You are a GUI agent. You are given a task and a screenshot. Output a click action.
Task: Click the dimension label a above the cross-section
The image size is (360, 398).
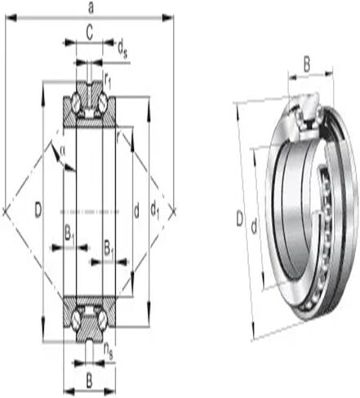91,8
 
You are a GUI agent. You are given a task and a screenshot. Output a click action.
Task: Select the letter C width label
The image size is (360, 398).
90,33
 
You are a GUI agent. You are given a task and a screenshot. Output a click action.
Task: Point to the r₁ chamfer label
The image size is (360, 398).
108,81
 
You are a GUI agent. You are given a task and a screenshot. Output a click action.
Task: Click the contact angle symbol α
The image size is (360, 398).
62,150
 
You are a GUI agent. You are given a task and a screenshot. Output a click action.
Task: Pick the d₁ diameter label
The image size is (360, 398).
155,211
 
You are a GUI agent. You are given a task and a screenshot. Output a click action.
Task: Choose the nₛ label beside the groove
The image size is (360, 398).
108,352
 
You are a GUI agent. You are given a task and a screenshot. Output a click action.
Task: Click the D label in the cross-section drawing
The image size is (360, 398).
38,210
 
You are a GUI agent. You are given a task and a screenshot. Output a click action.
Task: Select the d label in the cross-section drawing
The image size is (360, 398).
136,211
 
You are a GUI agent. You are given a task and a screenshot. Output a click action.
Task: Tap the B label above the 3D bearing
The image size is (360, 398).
307,65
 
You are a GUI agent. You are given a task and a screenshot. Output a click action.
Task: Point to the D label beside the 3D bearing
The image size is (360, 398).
239,218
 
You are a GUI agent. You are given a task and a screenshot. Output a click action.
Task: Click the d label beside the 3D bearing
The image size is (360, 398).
254,227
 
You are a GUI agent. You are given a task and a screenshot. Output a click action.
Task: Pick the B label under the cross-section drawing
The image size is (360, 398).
89,382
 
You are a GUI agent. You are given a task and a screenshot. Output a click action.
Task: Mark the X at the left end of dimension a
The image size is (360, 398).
5,211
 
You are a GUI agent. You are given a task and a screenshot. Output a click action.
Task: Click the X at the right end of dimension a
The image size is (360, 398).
174,211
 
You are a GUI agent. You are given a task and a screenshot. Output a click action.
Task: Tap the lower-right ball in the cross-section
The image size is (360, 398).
103,318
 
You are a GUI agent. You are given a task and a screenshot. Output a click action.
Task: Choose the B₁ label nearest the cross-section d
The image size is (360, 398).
109,249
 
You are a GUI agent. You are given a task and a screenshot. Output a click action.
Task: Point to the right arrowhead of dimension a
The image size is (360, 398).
167,18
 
